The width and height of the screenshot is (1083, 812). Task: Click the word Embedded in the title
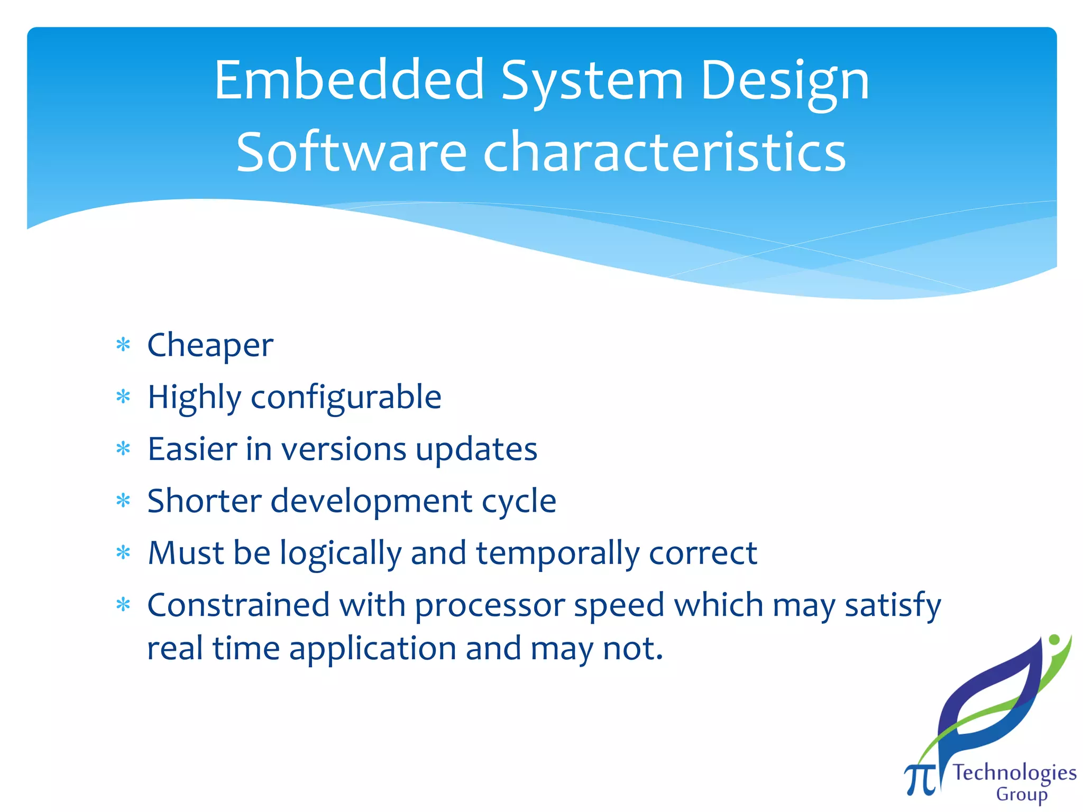[349, 80]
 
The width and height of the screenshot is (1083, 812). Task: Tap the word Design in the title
[785, 80]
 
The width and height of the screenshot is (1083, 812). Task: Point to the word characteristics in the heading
[664, 152]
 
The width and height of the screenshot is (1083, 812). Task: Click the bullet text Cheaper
[210, 346]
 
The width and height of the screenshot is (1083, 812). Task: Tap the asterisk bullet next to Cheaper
[123, 346]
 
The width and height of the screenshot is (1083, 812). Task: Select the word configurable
[346, 398]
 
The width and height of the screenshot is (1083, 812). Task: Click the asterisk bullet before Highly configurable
[123, 397]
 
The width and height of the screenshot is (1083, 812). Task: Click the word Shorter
[204, 501]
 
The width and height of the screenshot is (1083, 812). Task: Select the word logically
[341, 553]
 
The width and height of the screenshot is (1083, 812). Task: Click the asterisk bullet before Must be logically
[123, 553]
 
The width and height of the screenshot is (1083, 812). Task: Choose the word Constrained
[238, 605]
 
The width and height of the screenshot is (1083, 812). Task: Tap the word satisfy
[893, 606]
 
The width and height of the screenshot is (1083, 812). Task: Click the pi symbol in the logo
[920, 779]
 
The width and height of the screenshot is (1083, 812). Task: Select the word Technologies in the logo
[1014, 773]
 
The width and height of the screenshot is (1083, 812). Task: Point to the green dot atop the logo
[1054, 640]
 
